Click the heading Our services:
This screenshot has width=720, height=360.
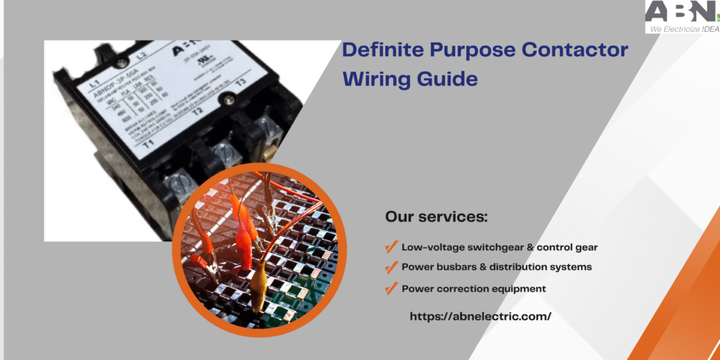436,217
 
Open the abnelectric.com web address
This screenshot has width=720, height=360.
480,316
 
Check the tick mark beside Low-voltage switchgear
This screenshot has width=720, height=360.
390,247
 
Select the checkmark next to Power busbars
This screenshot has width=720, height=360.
390,267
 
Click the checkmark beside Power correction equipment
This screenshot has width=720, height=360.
390,288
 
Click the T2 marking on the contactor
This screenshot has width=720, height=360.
198,110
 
